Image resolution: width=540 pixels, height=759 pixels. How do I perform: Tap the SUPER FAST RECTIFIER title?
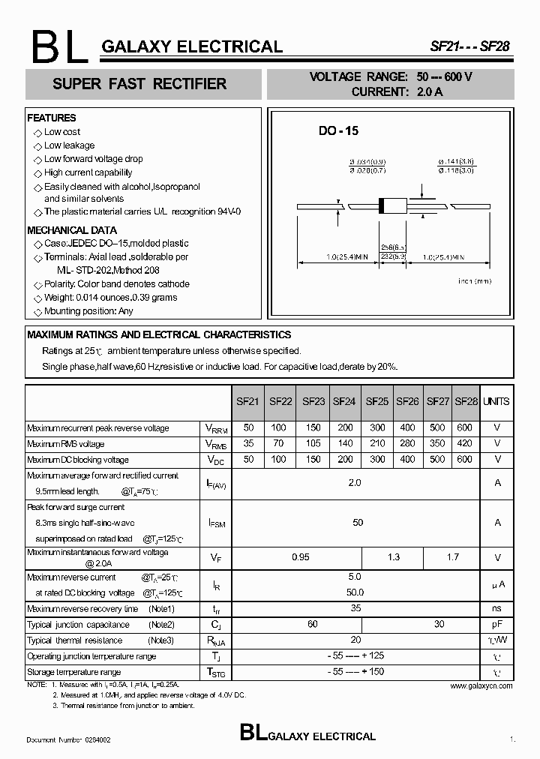click(139, 84)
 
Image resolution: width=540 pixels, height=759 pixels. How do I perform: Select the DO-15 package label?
click(338, 130)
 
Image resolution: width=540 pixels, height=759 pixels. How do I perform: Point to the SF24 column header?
click(343, 401)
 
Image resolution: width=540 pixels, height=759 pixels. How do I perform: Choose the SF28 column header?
click(466, 401)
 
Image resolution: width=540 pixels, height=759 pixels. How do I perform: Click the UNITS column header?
click(496, 401)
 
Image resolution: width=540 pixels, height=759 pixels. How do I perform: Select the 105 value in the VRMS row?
click(313, 444)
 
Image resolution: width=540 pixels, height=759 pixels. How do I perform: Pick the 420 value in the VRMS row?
click(465, 444)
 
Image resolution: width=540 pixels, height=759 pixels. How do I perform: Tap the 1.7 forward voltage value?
click(452, 557)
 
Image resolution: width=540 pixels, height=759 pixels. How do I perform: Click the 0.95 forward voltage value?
click(300, 557)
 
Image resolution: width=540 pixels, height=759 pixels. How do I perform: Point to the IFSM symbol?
click(216, 523)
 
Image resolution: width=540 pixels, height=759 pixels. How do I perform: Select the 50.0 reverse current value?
click(355, 592)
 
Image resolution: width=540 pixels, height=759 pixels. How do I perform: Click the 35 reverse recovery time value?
click(355, 608)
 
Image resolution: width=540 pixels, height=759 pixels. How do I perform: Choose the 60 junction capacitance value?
click(312, 624)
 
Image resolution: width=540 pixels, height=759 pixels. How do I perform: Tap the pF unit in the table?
click(496, 624)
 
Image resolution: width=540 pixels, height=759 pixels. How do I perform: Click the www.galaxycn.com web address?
click(481, 685)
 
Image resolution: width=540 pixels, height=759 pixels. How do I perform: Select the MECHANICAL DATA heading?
click(72, 230)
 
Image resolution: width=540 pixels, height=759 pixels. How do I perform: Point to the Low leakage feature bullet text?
click(69, 145)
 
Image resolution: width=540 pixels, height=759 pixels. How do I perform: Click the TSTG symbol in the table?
click(216, 672)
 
